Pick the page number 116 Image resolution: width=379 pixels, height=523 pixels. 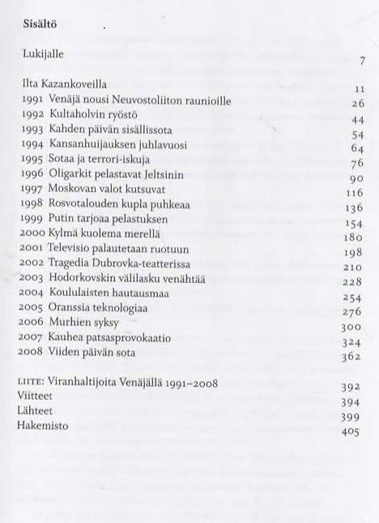pyautogui.click(x=358, y=195)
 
